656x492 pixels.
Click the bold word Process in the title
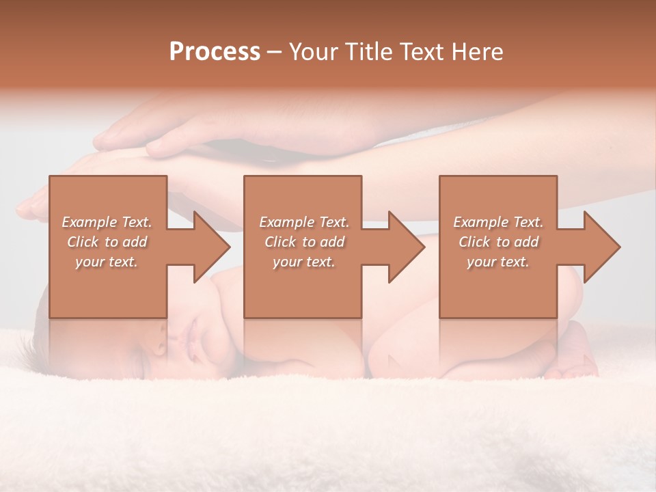click(215, 52)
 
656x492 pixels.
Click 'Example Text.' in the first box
click(107, 222)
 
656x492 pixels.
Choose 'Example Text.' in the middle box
click(304, 222)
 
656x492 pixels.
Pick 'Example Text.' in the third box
click(498, 222)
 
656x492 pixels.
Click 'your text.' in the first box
click(107, 262)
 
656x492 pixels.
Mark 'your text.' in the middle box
click(304, 262)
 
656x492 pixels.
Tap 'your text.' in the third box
click(498, 262)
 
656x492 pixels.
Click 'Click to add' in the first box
click(107, 242)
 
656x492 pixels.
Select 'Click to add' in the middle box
click(304, 242)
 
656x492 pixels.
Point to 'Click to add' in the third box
click(498, 242)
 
